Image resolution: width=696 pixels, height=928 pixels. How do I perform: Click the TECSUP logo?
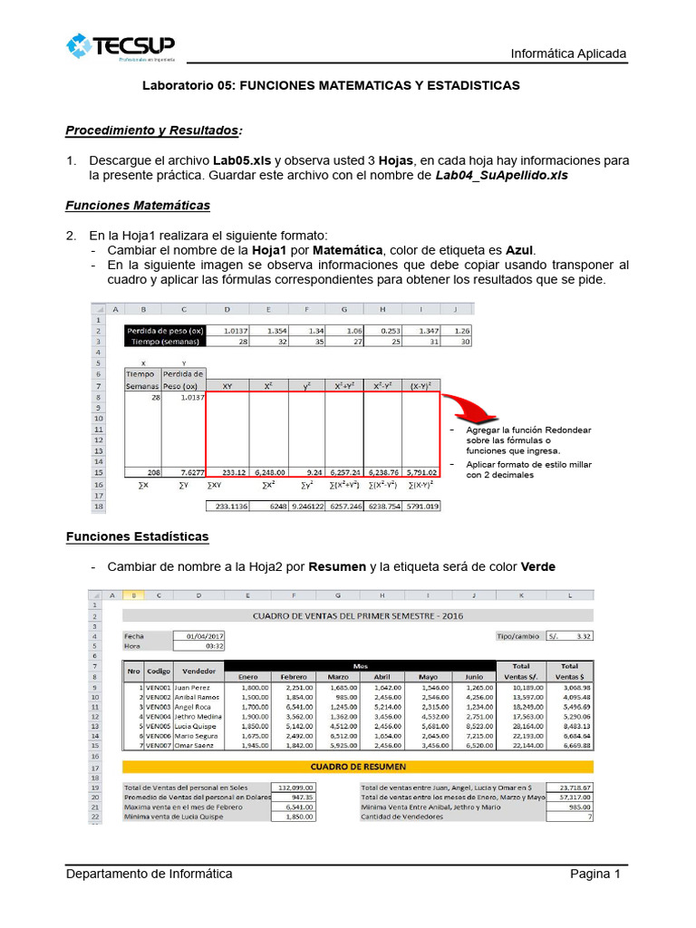[121, 47]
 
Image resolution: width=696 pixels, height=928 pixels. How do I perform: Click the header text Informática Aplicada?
[568, 53]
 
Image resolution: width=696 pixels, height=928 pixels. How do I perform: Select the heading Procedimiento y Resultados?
[154, 130]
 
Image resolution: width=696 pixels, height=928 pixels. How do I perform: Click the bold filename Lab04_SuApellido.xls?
[501, 175]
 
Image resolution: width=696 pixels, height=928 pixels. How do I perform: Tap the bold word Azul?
[520, 249]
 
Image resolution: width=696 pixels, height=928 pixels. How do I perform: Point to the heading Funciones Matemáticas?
[138, 205]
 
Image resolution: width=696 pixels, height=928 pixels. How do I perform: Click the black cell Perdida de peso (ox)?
[165, 331]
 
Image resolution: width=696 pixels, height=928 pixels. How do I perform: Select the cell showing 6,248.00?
[269, 472]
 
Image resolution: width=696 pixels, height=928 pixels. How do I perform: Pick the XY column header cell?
[227, 386]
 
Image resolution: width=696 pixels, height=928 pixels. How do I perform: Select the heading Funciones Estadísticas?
[137, 536]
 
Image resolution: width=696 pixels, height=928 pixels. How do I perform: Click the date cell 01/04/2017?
[198, 636]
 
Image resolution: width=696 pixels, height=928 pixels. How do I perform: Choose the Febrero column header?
[295, 676]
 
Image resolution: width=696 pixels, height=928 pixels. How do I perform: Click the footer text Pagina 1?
[594, 874]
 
